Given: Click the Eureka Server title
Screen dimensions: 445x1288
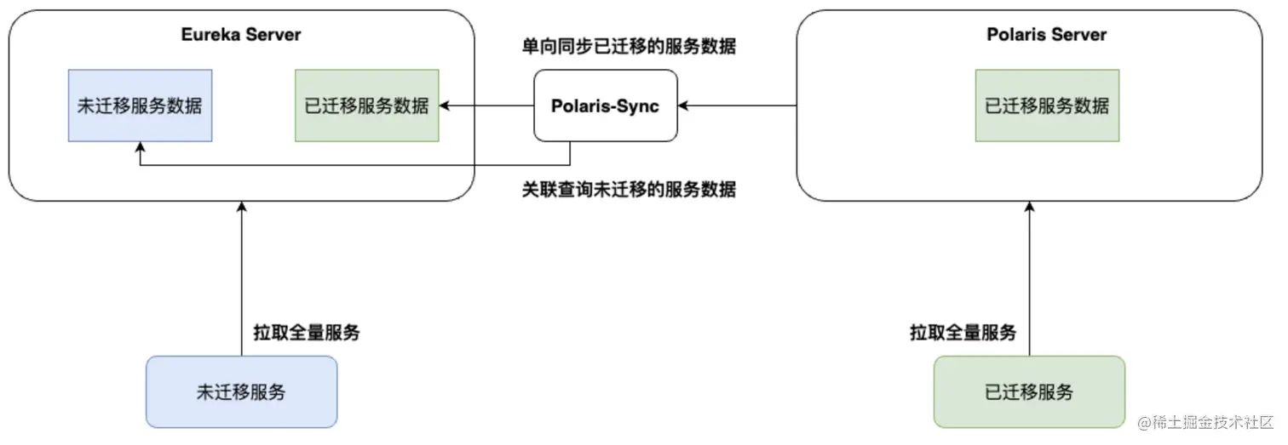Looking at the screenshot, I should (x=241, y=35).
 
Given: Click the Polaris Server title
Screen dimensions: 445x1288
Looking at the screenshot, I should (x=1046, y=35).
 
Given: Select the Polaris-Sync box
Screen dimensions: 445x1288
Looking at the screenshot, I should (x=605, y=106).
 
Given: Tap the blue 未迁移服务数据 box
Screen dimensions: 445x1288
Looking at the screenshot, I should (x=140, y=106).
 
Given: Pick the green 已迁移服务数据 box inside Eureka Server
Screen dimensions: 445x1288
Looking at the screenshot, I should (x=366, y=106).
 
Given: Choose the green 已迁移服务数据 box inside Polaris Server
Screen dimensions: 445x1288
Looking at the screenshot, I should (x=1047, y=106).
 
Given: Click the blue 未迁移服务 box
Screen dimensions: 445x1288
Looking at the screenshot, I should (x=241, y=391).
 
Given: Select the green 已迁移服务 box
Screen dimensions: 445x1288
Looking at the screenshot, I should (x=1029, y=391).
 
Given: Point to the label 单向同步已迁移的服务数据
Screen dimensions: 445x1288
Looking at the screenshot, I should (x=629, y=47).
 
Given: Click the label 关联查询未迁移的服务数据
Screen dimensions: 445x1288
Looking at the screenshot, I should (x=629, y=189).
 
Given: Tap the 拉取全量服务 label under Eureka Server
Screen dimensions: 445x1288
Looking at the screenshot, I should (x=307, y=333).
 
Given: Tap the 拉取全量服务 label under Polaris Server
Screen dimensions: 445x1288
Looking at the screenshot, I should (x=963, y=333).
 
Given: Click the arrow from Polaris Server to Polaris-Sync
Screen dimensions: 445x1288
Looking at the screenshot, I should (x=738, y=106).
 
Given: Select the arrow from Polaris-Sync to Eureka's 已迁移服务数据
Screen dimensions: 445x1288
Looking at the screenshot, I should (x=486, y=106).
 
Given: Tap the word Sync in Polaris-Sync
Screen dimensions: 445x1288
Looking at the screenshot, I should (x=639, y=107).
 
